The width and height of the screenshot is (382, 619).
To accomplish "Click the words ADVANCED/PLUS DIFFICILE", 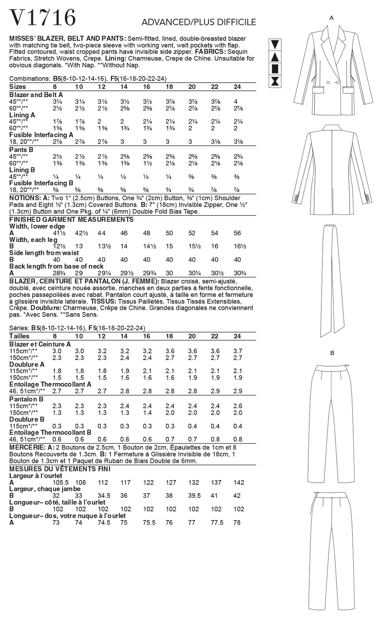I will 198,22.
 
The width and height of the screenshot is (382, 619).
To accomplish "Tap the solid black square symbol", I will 275,69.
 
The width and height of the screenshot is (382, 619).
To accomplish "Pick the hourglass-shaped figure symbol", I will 275,81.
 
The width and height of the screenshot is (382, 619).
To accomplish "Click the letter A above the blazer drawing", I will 331,18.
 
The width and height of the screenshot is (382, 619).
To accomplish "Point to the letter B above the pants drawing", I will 332,353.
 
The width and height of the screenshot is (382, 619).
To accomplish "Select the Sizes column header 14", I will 124,87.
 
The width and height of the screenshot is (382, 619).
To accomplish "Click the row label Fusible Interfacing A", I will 41,135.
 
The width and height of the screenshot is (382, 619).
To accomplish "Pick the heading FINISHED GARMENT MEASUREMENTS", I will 71,220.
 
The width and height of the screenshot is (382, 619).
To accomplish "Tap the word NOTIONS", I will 25,198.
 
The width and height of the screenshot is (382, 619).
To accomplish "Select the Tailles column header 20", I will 192,336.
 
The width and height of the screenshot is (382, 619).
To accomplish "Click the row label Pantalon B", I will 26,399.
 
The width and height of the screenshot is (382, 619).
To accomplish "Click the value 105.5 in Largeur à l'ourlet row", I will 61,482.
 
